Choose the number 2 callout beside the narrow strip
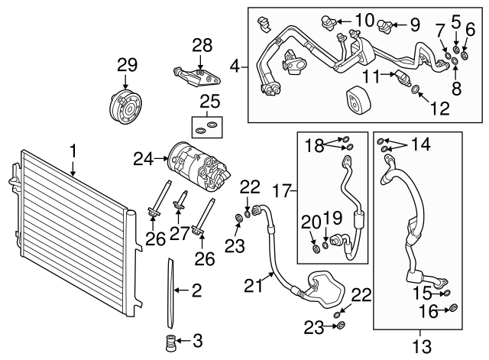coord(196,290)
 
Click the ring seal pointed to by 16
coord(452,309)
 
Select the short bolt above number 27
coord(182,205)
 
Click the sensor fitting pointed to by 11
coord(403,75)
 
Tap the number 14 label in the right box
coord(421,144)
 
